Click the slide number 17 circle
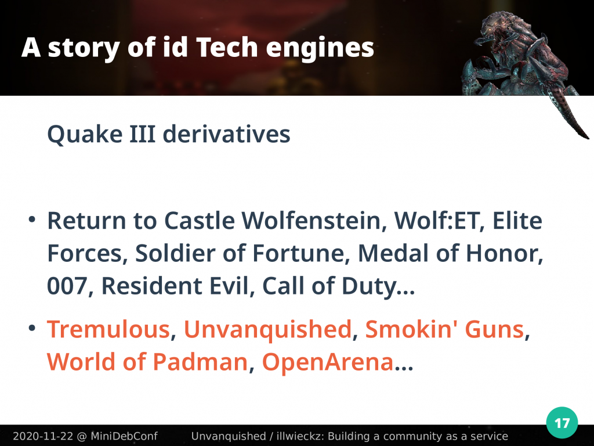tap(562, 423)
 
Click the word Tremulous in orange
tap(108, 329)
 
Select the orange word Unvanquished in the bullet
tap(267, 330)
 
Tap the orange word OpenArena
tap(328, 362)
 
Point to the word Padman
tap(200, 361)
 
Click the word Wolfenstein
tap(311, 220)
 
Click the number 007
tap(67, 286)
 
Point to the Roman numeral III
tap(143, 134)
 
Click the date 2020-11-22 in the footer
tap(42, 436)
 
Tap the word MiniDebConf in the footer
tap(124, 436)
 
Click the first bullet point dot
tap(32, 220)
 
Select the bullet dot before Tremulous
tap(32, 328)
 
